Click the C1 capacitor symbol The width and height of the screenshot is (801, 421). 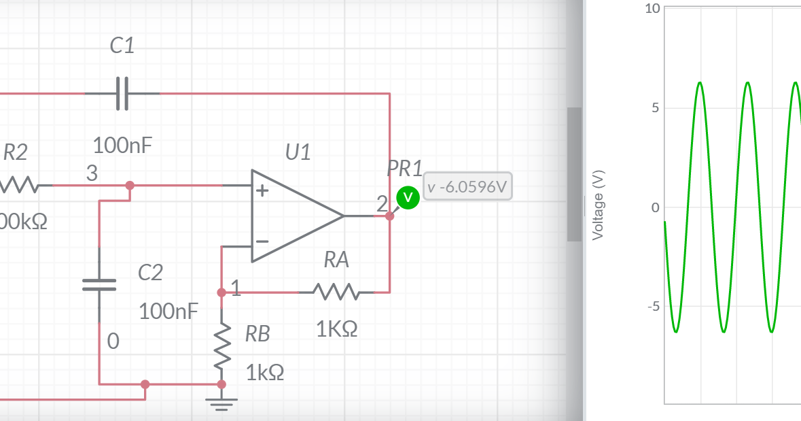[122, 94]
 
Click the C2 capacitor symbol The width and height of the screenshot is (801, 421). [100, 284]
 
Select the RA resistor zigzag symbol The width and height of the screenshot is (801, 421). [336, 292]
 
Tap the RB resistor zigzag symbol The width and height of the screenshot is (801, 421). [221, 348]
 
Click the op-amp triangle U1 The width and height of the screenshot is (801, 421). [292, 216]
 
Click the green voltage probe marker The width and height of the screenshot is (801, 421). [408, 197]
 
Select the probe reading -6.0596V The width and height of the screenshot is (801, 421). [467, 187]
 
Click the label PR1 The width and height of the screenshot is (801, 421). [404, 168]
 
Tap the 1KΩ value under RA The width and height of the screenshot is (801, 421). [336, 329]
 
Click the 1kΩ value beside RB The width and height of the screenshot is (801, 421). [265, 373]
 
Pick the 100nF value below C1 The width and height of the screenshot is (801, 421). [122, 145]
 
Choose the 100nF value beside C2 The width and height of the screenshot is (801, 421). [168, 312]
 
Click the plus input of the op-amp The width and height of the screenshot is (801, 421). [262, 191]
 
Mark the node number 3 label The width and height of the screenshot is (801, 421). [92, 174]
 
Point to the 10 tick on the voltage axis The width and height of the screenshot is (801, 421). [652, 9]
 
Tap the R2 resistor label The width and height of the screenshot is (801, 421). [16, 153]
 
